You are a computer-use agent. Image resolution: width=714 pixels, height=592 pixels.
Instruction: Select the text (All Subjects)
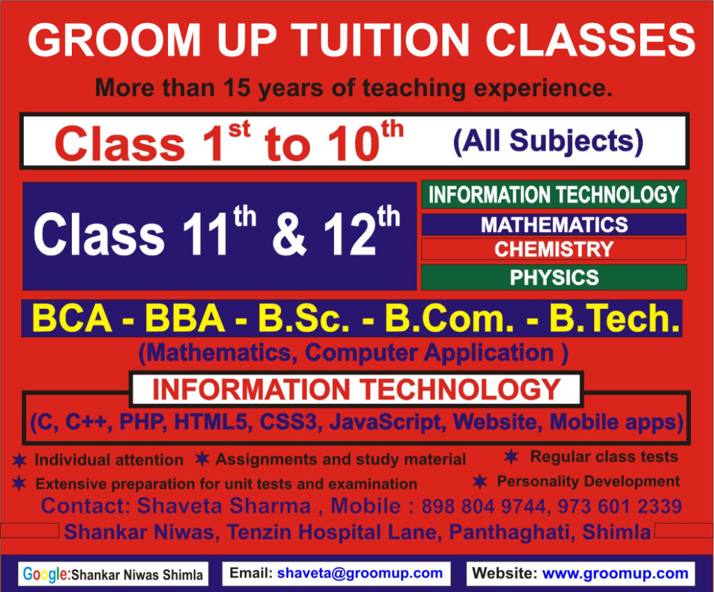pyautogui.click(x=547, y=142)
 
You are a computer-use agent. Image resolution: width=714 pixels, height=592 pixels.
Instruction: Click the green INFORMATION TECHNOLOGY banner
pyautogui.click(x=554, y=195)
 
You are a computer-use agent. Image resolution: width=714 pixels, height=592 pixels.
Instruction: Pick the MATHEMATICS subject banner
pyautogui.click(x=554, y=225)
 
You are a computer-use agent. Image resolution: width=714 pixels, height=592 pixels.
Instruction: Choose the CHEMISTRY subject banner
pyautogui.click(x=554, y=249)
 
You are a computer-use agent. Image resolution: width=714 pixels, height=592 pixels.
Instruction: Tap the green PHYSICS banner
pyautogui.click(x=554, y=278)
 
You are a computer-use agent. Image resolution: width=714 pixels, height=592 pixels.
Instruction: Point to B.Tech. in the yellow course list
pyautogui.click(x=614, y=319)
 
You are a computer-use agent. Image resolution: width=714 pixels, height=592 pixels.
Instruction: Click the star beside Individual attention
pyautogui.click(x=20, y=460)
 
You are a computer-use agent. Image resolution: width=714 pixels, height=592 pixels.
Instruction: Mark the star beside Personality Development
pyautogui.click(x=480, y=481)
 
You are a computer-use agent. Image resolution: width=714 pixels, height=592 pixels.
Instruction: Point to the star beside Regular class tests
pyautogui.click(x=511, y=457)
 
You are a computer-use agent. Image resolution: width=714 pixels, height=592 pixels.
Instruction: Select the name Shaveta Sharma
pyautogui.click(x=224, y=506)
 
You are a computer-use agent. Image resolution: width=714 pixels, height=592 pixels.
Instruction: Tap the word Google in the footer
pyautogui.click(x=45, y=575)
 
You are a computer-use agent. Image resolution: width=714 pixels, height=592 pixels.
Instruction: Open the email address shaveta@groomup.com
pyautogui.click(x=360, y=574)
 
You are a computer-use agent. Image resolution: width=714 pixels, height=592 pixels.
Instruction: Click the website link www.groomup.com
pyautogui.click(x=615, y=574)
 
